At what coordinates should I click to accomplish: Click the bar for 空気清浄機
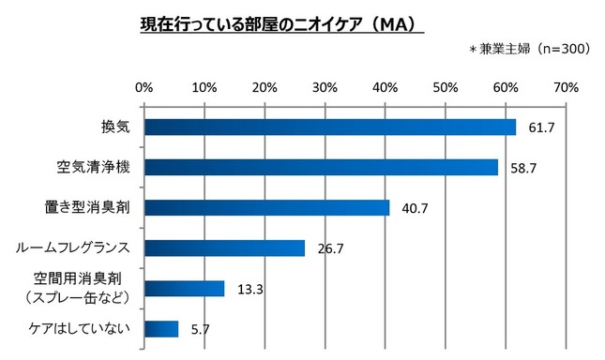(321, 167)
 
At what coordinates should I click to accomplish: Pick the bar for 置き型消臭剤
(266, 207)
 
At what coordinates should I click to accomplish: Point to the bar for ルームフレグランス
(224, 247)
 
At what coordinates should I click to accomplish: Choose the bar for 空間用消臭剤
(184, 288)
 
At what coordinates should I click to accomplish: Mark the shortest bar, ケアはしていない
(161, 328)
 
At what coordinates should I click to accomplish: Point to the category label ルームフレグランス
(71, 247)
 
